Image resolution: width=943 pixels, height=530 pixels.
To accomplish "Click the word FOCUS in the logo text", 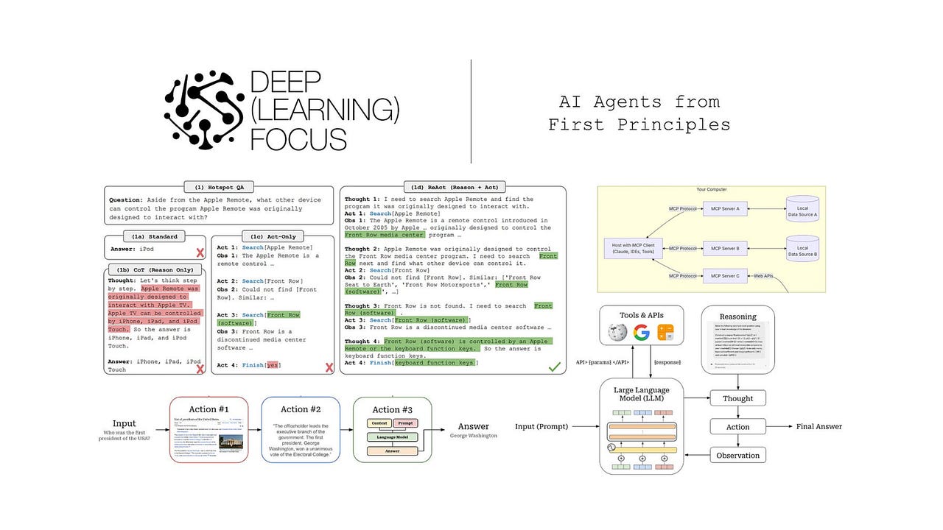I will (x=298, y=138).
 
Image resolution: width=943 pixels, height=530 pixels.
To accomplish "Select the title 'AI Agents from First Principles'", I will (x=639, y=113).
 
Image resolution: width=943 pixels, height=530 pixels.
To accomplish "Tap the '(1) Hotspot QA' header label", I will (x=219, y=188).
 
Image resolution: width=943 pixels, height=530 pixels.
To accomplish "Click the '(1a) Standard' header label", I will (x=155, y=236).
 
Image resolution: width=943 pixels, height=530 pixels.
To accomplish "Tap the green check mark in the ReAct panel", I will (x=555, y=366).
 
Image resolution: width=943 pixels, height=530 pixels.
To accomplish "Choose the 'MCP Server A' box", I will (x=726, y=209).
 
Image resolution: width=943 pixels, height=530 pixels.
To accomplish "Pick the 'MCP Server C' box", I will (x=726, y=275).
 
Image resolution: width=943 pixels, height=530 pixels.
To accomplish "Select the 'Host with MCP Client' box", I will (x=632, y=248).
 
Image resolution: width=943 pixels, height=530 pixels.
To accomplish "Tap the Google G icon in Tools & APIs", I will (x=642, y=332).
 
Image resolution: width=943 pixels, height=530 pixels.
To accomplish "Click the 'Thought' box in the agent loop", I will (x=737, y=398).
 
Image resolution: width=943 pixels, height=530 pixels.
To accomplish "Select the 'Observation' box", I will (x=737, y=455).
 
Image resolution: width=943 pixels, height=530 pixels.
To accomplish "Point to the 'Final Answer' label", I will (x=818, y=426).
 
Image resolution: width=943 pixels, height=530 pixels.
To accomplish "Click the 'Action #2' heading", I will (x=300, y=409).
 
